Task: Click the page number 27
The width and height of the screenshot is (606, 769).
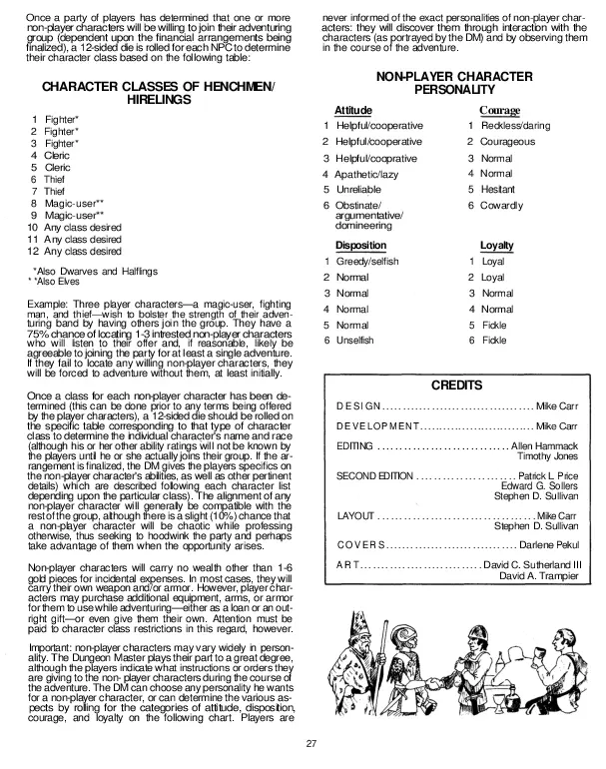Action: (x=310, y=742)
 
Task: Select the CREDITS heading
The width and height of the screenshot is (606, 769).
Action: (x=456, y=384)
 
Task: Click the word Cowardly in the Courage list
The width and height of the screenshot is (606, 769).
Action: (x=502, y=205)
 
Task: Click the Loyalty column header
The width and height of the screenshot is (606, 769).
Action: (x=496, y=245)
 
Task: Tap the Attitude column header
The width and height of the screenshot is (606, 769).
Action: (x=353, y=110)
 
